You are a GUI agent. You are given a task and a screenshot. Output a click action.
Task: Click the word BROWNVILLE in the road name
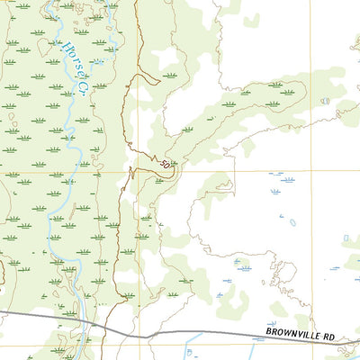pos(292,334)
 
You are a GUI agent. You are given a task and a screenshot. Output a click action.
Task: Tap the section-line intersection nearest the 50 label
pos(139,172)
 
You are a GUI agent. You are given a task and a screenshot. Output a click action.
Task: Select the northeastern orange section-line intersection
pos(310,172)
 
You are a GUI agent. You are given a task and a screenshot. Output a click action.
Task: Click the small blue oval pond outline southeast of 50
pos(292,221)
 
